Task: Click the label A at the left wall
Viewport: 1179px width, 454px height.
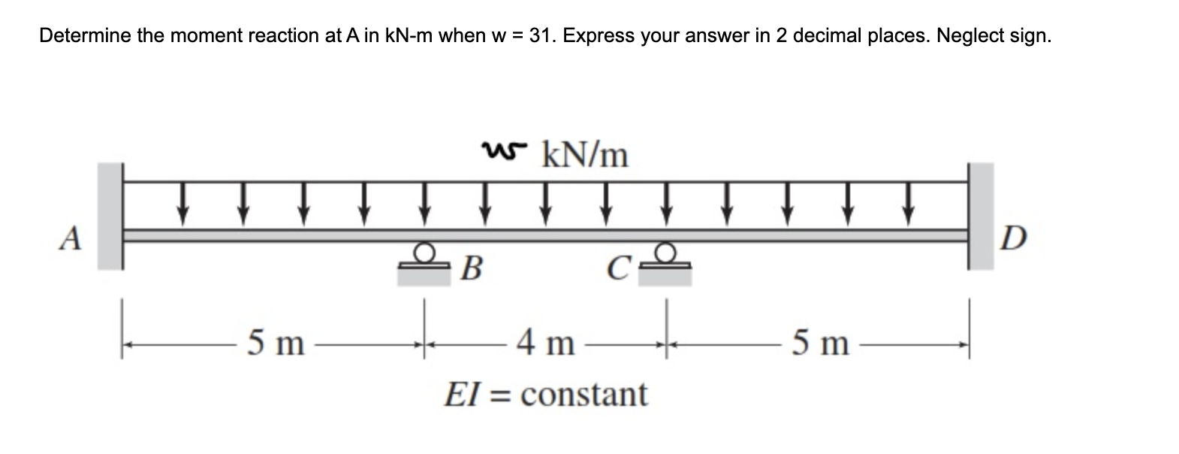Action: click(x=71, y=239)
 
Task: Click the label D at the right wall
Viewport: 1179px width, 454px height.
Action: click(x=1011, y=239)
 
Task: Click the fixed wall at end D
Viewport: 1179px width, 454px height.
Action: click(x=980, y=216)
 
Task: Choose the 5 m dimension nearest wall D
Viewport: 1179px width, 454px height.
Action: click(x=821, y=344)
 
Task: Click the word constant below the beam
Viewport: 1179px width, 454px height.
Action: click(x=583, y=394)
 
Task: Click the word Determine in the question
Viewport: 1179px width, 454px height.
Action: click(x=84, y=35)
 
